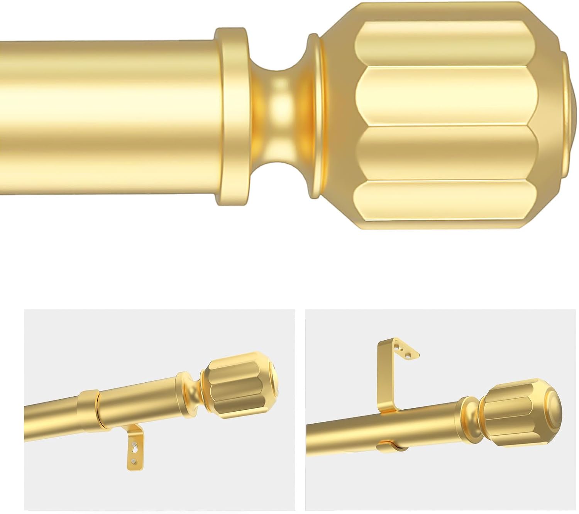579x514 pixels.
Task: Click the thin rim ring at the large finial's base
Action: (316, 116)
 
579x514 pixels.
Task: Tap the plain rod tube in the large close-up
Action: (104, 116)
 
